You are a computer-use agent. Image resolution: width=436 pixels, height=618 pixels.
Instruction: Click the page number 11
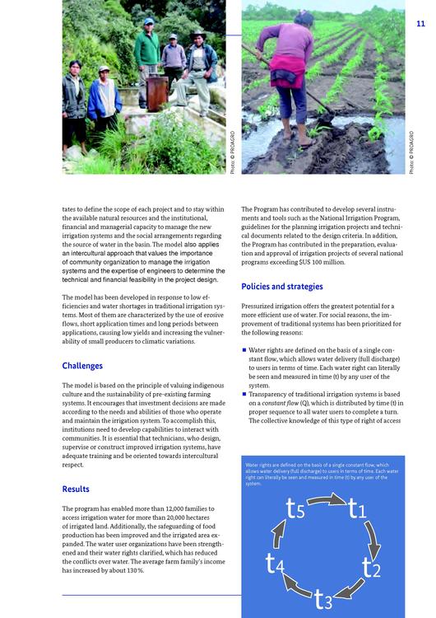420,24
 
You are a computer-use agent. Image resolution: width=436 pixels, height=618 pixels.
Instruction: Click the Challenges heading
82,366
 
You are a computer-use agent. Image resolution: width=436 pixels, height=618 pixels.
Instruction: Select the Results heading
76,489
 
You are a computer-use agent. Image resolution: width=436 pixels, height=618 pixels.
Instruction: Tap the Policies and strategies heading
281,287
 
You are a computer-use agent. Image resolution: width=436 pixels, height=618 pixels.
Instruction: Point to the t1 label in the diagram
357,508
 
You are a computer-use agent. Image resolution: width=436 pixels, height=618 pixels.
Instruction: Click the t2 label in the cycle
371,567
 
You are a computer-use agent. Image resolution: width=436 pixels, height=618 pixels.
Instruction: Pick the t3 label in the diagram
323,599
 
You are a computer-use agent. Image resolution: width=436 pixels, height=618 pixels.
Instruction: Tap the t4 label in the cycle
275,564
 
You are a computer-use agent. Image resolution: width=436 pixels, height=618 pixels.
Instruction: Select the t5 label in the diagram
295,508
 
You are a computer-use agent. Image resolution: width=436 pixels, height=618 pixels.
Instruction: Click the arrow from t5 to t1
327,500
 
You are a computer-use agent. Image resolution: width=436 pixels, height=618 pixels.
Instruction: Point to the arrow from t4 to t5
278,533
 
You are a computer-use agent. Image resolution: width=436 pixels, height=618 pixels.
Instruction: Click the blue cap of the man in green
149,21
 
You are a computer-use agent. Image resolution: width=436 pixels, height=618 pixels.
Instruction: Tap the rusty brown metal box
157,93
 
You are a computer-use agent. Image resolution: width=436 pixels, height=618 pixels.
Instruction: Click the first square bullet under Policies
244,350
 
